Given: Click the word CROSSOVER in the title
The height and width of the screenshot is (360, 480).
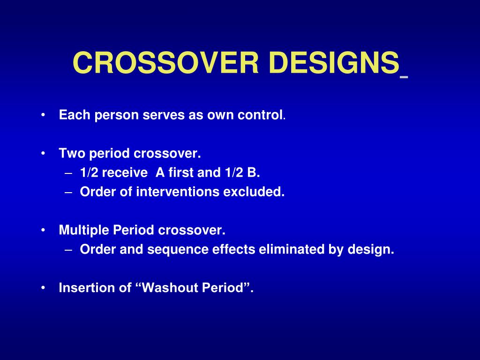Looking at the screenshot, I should coord(165,63).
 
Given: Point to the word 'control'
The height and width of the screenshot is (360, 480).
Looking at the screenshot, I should coord(260,115).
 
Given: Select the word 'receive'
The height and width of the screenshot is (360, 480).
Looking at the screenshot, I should coord(125,172).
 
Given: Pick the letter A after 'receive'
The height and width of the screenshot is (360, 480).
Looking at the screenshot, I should coord(160,172).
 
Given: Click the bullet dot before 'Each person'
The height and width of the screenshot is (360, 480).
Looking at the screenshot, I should coord(43,115).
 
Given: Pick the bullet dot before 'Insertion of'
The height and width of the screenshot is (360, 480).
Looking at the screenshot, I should coord(43,288).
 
